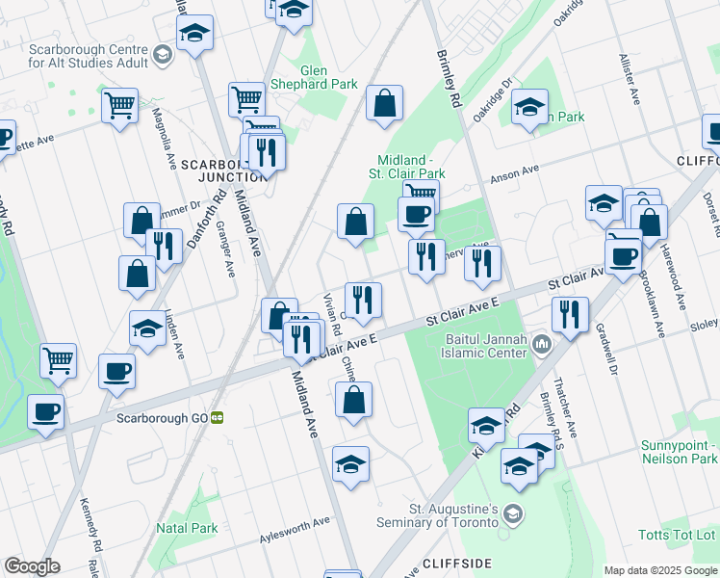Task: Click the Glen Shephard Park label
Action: point(315,77)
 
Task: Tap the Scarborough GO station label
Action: point(163,418)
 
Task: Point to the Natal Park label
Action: point(187,528)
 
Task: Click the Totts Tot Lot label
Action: point(678,534)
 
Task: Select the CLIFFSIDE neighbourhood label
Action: point(457,563)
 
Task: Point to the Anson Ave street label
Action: point(515,173)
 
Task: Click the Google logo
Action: point(32,566)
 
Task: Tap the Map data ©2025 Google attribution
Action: point(659,569)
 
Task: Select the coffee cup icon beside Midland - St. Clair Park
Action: point(416,214)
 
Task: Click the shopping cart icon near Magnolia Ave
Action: point(119,104)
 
